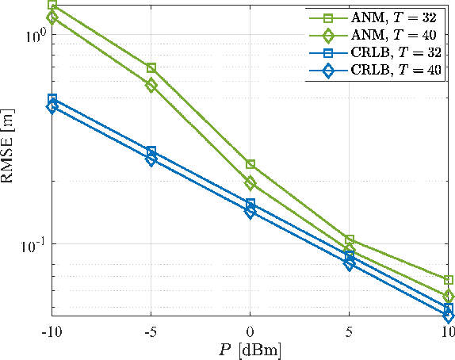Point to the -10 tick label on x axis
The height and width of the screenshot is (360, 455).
[52, 330]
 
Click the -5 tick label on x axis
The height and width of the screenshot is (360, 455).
[151, 330]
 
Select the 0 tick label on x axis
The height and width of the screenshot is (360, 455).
[250, 330]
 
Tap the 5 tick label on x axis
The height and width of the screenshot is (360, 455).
[350, 330]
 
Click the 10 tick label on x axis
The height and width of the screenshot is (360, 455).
[448, 330]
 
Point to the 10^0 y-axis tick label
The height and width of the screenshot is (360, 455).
[34, 36]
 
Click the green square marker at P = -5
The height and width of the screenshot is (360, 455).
[151, 68]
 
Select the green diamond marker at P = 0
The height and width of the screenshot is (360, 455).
[250, 183]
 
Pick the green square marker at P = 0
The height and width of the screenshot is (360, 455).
[250, 164]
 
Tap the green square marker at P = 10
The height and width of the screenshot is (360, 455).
[449, 280]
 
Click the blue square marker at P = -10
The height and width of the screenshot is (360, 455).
[52, 99]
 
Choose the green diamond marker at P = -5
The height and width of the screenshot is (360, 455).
[151, 85]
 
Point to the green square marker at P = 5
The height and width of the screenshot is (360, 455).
[350, 239]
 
